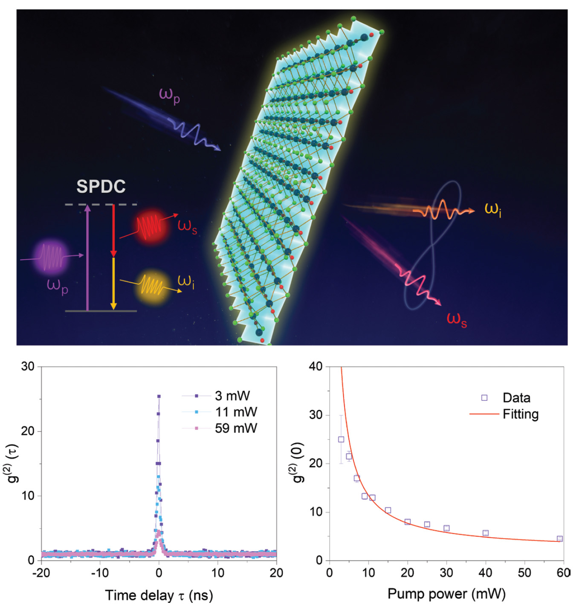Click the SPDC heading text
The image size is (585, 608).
[x=101, y=186]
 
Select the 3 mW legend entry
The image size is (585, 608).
[x=232, y=396]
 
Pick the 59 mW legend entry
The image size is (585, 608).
[x=236, y=428]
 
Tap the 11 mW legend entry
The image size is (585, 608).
[x=236, y=412]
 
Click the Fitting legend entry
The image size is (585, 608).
[x=520, y=414]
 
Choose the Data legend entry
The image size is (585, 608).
[x=516, y=398]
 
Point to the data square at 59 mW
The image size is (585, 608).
[x=560, y=539]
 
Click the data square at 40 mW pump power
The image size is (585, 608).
[x=485, y=533]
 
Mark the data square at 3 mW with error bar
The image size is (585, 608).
[x=341, y=439]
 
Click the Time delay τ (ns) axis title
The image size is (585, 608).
[x=159, y=595]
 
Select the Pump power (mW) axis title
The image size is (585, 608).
[x=446, y=594]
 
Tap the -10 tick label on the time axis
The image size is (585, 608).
[x=100, y=573]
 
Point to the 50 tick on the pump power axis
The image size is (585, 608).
[x=524, y=573]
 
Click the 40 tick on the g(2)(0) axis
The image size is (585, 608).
[x=316, y=366]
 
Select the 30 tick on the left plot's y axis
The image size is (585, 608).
[x=28, y=366]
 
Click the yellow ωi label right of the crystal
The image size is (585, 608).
[x=493, y=209]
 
